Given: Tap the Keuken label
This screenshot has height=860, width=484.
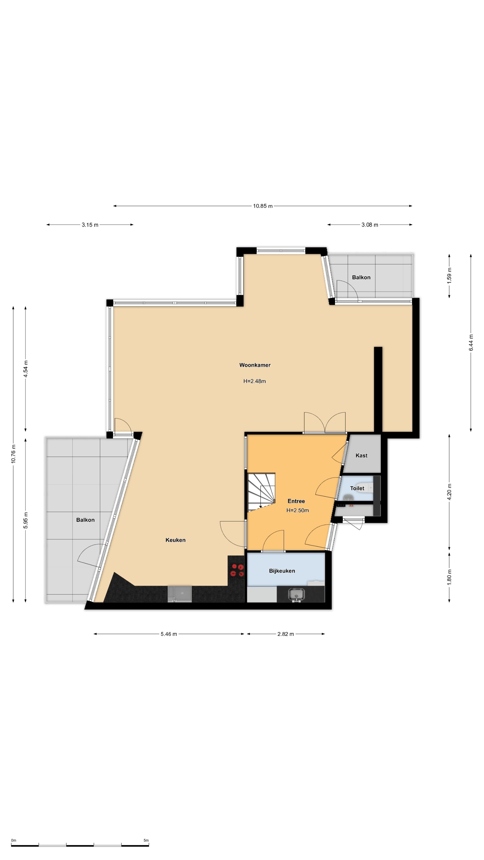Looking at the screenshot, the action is click(175, 540).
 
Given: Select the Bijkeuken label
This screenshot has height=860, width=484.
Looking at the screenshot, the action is click(282, 571).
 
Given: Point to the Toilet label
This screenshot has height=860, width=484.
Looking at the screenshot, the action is click(357, 488).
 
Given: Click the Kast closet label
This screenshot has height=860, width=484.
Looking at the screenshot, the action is click(361, 455).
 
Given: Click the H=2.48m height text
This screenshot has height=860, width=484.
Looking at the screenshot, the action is click(255, 381).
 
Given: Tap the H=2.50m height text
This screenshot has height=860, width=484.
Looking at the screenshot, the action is click(298, 510).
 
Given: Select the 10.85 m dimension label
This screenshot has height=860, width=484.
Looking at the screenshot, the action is click(263, 206).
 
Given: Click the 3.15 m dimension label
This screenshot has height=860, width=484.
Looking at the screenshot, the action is click(90, 225).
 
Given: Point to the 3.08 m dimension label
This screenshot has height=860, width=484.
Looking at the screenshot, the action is click(370, 225).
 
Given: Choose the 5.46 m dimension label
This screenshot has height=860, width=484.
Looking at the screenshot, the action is click(169, 634).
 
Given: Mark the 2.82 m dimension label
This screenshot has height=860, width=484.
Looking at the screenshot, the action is click(286, 634).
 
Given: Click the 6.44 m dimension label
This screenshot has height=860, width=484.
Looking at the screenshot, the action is click(471, 342).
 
